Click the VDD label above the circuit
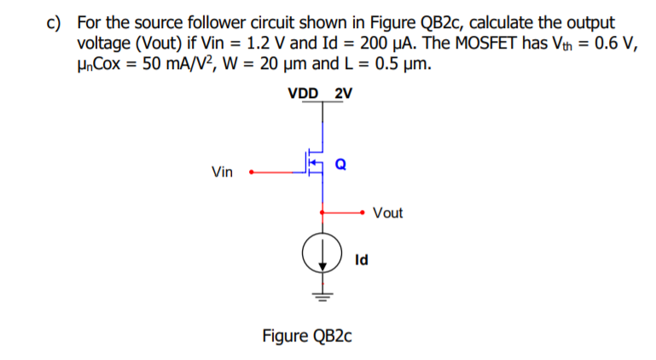click(x=305, y=93)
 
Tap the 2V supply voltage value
click(x=344, y=93)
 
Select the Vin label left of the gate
click(x=222, y=172)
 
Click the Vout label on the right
click(x=387, y=212)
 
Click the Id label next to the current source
click(x=361, y=259)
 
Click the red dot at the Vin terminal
click(x=249, y=171)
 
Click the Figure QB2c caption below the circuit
click(x=307, y=334)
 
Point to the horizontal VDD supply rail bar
click(x=322, y=103)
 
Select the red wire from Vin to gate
click(x=277, y=171)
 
